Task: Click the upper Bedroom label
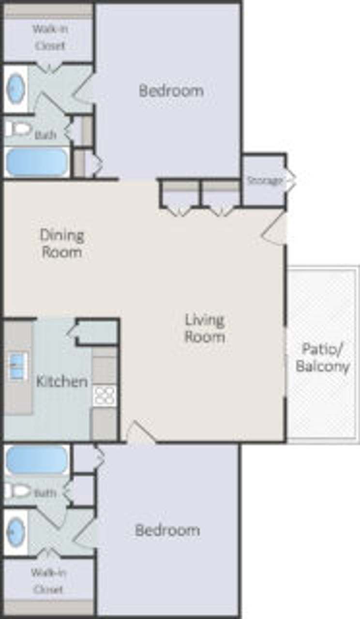(x=171, y=91)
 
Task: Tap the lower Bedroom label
(x=167, y=530)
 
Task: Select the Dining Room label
(x=61, y=244)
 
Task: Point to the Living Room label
(x=205, y=328)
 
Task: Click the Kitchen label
(x=62, y=381)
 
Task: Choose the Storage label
(x=264, y=181)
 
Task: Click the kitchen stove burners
(x=105, y=395)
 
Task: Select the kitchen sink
(x=18, y=366)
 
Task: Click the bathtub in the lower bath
(x=36, y=460)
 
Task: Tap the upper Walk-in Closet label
(x=49, y=37)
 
